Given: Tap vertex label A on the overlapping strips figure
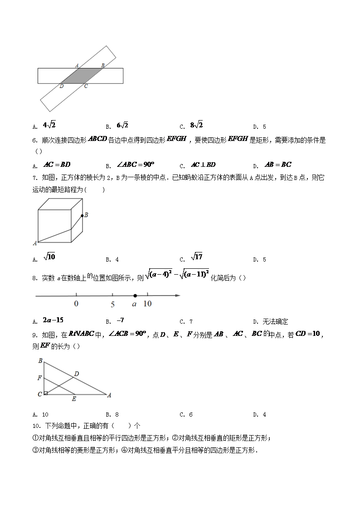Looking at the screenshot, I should pos(77,65).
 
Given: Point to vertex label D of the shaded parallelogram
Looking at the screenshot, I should pos(61,86).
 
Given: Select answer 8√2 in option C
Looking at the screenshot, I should pos(196,126).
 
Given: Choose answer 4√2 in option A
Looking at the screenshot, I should pos(49,126).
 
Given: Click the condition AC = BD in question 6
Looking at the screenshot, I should pos(57,165).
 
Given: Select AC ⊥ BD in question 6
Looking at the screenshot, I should pos(203,165).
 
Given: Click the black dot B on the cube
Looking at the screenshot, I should pos(82,216).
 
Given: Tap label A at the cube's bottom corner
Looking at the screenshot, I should pos(35,243).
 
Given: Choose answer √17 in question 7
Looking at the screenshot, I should pos(196,257).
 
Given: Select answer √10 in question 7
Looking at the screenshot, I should pos(49,257).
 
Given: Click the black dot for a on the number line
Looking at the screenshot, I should pos(135,296).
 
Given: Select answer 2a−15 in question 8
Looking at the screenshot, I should pos(53,320).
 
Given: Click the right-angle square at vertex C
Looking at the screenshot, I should pos(46,393).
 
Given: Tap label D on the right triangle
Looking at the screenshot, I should pos(77,373).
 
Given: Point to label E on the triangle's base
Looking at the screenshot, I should pos(74,399).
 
